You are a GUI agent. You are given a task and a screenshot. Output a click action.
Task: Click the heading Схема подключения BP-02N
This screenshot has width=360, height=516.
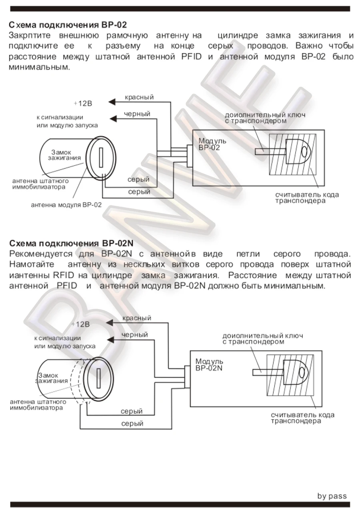[71, 243]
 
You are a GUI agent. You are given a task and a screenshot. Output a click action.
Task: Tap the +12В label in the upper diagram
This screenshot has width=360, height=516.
[83, 103]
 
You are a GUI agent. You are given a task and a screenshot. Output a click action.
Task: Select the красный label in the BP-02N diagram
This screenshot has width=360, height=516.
[137, 318]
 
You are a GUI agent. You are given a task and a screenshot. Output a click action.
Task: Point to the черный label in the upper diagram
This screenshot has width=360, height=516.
[137, 114]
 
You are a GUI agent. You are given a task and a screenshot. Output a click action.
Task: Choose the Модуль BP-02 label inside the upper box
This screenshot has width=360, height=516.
[212, 144]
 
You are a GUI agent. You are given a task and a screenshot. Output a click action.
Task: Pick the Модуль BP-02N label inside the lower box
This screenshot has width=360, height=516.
[209, 365]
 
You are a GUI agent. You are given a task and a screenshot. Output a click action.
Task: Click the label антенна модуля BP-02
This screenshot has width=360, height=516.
[66, 205]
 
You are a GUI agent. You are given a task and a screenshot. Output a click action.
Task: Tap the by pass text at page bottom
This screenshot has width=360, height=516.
[332, 496]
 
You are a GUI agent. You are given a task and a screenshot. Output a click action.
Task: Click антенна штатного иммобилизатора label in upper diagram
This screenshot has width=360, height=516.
[40, 184]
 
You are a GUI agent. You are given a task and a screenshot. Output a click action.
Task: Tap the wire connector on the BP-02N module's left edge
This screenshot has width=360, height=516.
[186, 377]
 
